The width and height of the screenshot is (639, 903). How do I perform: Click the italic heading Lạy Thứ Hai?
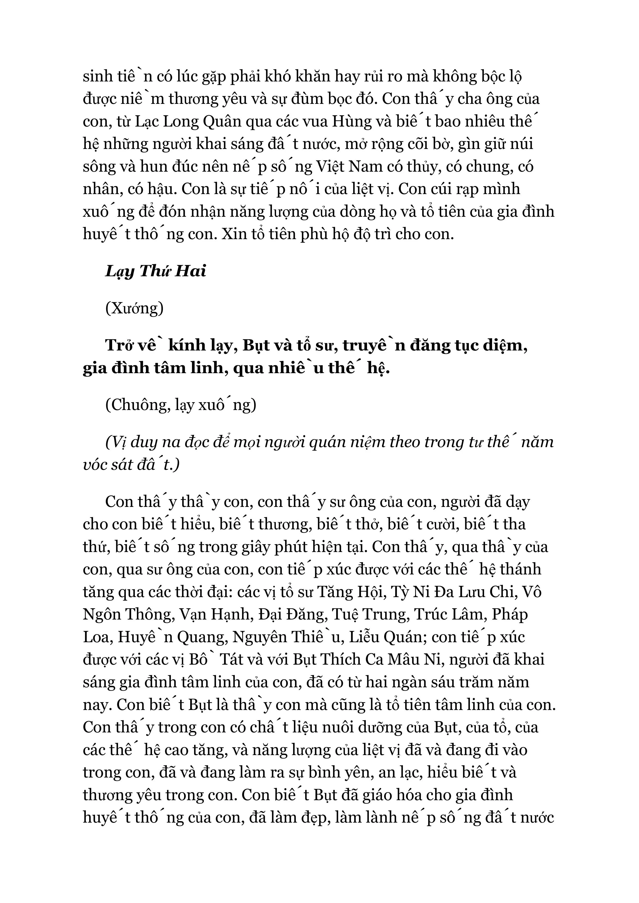point(155,271)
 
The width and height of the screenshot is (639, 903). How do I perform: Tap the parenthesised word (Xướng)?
point(134,308)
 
